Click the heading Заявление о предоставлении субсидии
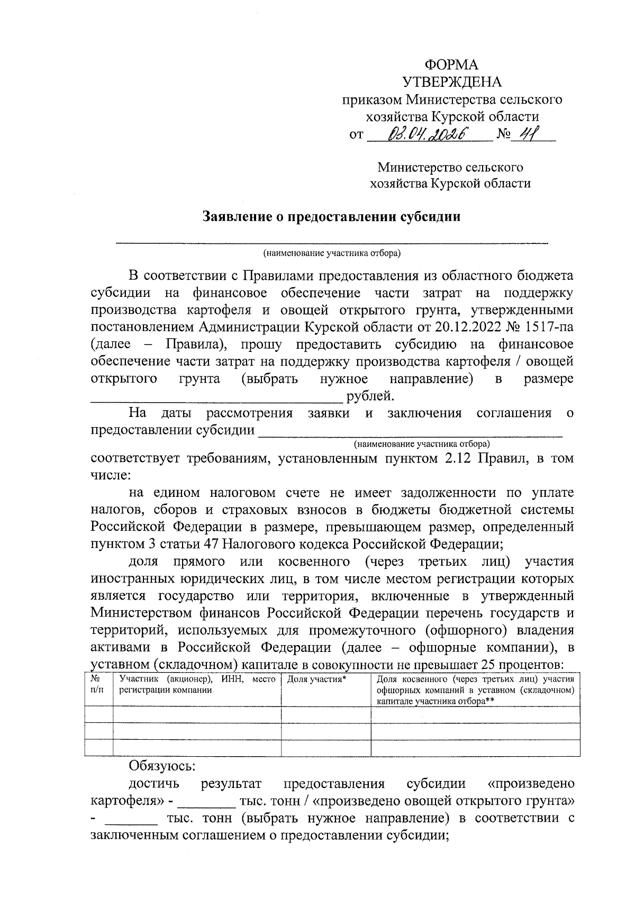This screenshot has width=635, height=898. coord(332,217)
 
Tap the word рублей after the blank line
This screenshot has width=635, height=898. coord(370,396)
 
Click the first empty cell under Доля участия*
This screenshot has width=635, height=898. coord(325,714)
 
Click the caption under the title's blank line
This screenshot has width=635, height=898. coord(332,252)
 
